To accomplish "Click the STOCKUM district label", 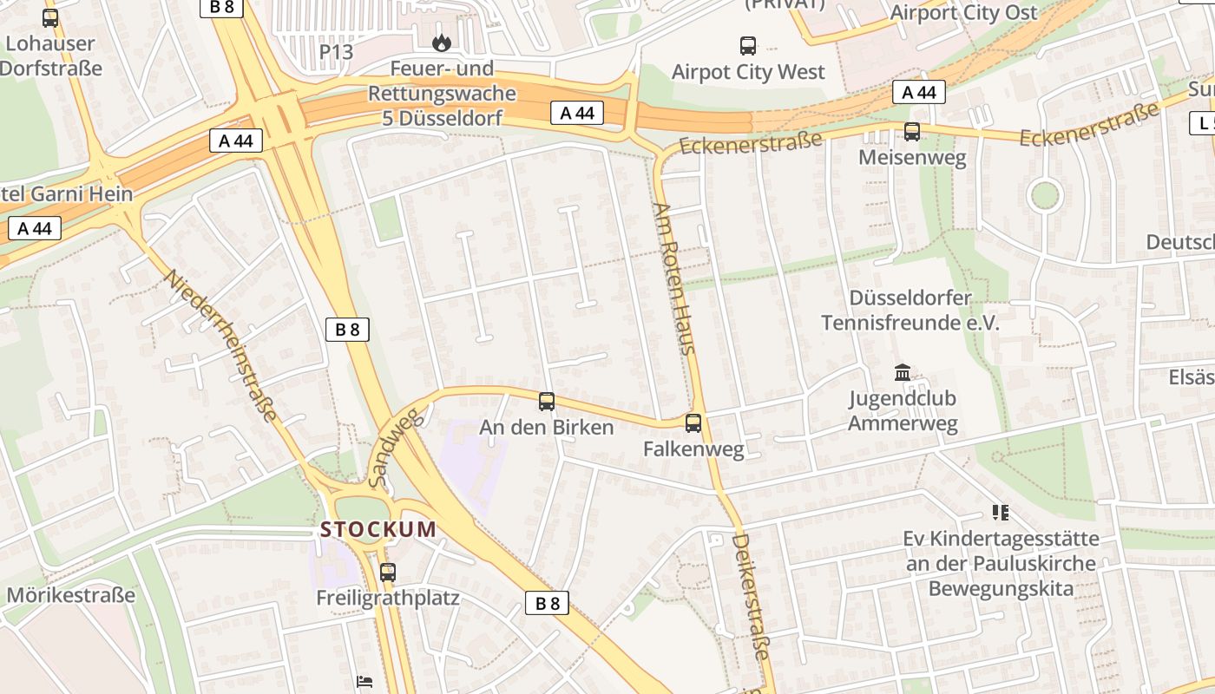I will (x=378, y=529).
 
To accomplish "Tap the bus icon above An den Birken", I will (x=546, y=401).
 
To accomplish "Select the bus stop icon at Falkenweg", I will (x=693, y=422).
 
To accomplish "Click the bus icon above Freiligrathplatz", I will (x=387, y=572).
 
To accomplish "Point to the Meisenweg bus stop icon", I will (x=911, y=131).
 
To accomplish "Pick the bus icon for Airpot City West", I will (x=747, y=45).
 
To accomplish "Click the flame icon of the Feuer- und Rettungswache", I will (x=442, y=42).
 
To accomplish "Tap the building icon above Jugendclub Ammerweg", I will (x=903, y=372).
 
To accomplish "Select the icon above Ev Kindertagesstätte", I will (x=1001, y=513).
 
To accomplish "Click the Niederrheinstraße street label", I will (x=221, y=345).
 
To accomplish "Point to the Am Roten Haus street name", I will (x=674, y=278).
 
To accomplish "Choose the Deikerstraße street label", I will (x=751, y=597).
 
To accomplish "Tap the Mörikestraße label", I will (x=71, y=595).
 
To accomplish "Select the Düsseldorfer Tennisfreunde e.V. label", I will (x=910, y=311).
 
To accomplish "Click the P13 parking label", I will (x=336, y=52).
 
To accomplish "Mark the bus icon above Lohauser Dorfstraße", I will (x=49, y=17).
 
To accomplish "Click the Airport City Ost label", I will (x=963, y=13).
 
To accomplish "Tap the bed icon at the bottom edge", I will (x=364, y=682).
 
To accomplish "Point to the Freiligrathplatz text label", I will (x=387, y=598).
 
